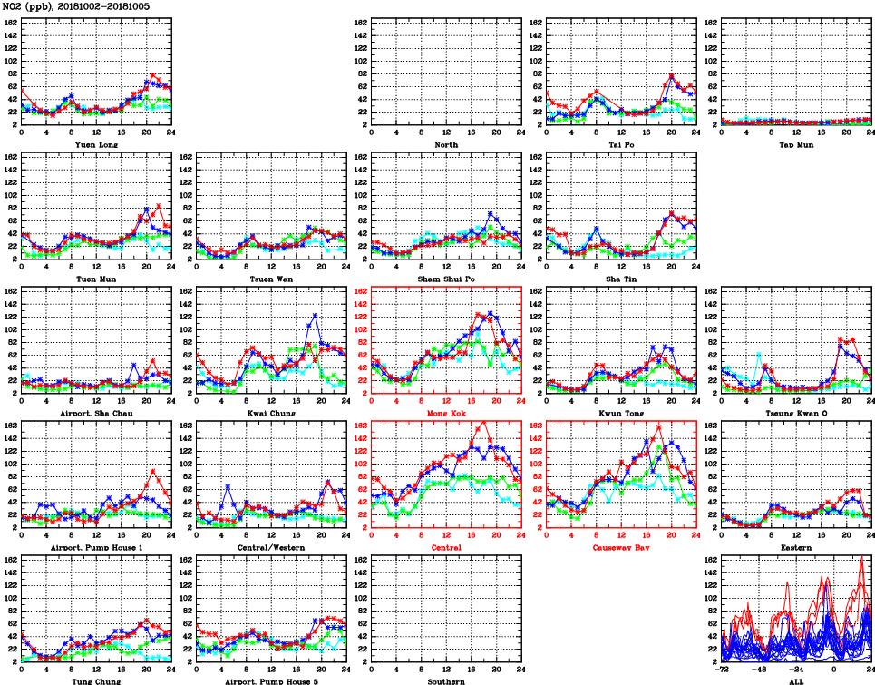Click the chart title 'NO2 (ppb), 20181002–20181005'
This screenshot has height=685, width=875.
coord(76,6)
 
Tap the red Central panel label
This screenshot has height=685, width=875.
coord(445,547)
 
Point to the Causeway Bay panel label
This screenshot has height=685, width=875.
coord(620,547)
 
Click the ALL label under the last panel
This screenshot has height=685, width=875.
coord(795,680)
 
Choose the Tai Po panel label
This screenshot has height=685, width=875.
coord(620,144)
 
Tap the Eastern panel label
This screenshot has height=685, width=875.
coord(795,547)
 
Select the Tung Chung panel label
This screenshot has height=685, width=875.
coord(95,680)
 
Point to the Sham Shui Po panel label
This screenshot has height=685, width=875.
coord(445,279)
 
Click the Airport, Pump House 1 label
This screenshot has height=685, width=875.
coord(95,547)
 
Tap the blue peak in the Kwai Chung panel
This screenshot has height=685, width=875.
coord(315,315)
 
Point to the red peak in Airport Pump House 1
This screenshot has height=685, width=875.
coord(152,471)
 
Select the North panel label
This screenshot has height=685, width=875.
coord(445,144)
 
